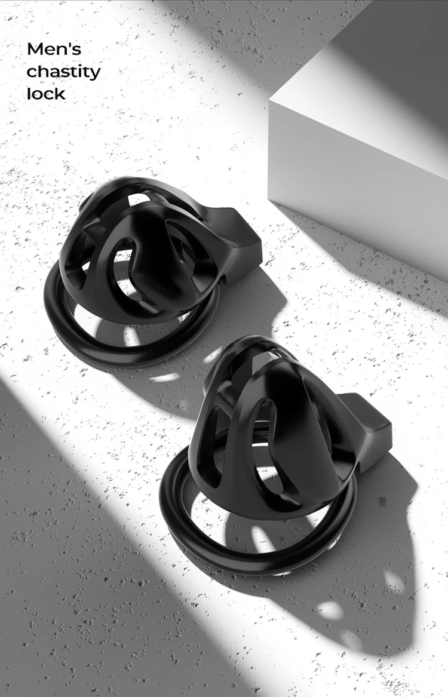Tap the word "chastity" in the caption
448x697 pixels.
(63, 72)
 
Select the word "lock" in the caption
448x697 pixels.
(45, 94)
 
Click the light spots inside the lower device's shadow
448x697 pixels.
(332, 609)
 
